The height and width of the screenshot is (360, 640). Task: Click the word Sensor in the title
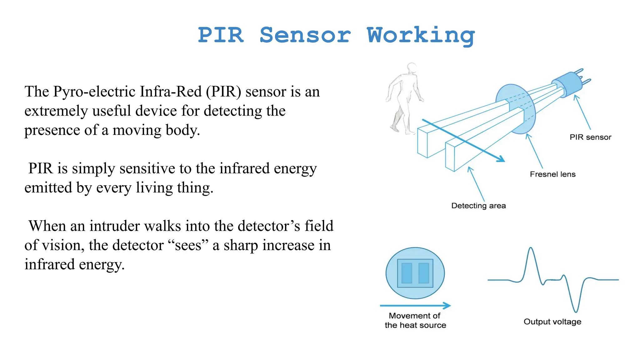tap(305, 35)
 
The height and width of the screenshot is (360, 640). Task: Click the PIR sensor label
tap(590, 137)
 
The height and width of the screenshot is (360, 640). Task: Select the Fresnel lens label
tap(552, 174)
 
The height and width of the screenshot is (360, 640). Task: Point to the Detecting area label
tap(478, 206)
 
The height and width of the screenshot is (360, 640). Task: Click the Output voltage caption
tap(552, 322)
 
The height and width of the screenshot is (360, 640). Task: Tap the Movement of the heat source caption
tap(415, 320)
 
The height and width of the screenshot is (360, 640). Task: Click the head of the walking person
tap(412, 68)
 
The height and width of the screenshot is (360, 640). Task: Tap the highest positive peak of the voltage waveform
tap(531, 248)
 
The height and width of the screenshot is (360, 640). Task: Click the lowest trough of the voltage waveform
tap(576, 311)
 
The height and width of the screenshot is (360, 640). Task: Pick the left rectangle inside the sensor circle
tap(407, 273)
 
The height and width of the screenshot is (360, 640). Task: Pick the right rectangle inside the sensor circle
tap(424, 273)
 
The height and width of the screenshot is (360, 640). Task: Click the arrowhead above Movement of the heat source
tap(447, 305)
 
